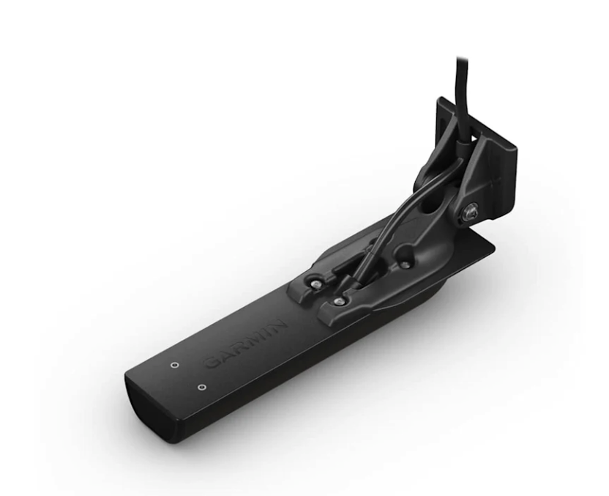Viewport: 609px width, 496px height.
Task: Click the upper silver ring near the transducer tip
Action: (x=173, y=365)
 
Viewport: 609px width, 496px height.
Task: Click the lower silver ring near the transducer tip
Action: (x=202, y=388)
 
